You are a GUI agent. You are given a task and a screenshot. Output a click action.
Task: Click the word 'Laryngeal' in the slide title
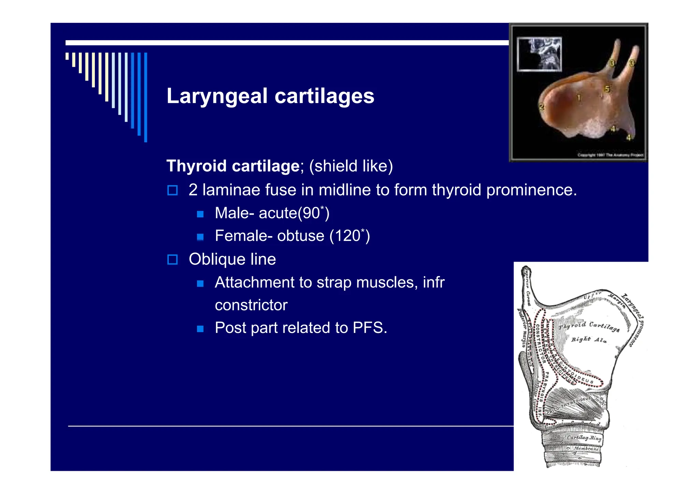217,96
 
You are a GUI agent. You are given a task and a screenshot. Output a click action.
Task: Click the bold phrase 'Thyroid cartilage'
233,166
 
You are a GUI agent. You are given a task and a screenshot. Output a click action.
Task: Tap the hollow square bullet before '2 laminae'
172,190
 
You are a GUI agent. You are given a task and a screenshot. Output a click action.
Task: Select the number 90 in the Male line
311,213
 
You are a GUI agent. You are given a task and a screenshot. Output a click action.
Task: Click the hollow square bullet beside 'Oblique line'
172,260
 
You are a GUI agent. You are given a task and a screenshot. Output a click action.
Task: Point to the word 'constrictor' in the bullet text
251,305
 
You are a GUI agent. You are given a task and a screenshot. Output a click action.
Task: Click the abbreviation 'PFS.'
370,328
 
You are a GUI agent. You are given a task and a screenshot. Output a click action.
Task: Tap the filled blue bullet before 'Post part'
200,329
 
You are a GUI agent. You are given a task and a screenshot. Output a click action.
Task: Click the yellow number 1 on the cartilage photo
579,98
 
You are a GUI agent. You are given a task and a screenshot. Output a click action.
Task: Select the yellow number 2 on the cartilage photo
542,107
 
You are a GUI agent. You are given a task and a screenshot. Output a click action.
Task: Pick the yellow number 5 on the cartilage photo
607,89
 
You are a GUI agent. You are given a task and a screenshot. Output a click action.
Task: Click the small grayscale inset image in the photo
539,54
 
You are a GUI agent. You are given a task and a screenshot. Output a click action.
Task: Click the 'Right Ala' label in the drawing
589,340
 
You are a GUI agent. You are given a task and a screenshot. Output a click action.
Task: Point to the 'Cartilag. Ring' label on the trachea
584,438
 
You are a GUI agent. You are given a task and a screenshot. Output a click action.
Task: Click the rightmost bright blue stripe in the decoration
146,97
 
